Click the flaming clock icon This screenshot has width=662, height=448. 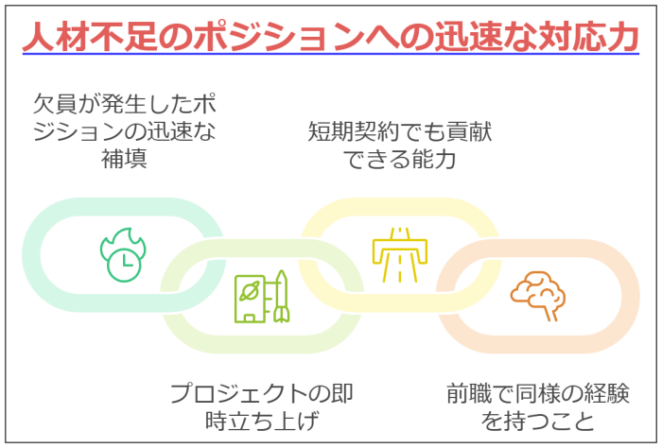click(123, 255)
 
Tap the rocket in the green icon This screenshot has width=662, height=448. click(281, 297)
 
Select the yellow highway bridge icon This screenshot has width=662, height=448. click(399, 255)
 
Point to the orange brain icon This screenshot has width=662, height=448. click(537, 296)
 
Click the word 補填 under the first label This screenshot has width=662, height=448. click(124, 159)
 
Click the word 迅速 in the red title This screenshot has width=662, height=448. click(468, 36)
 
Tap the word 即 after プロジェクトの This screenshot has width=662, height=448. click(342, 393)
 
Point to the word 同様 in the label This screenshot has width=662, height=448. click(538, 393)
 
